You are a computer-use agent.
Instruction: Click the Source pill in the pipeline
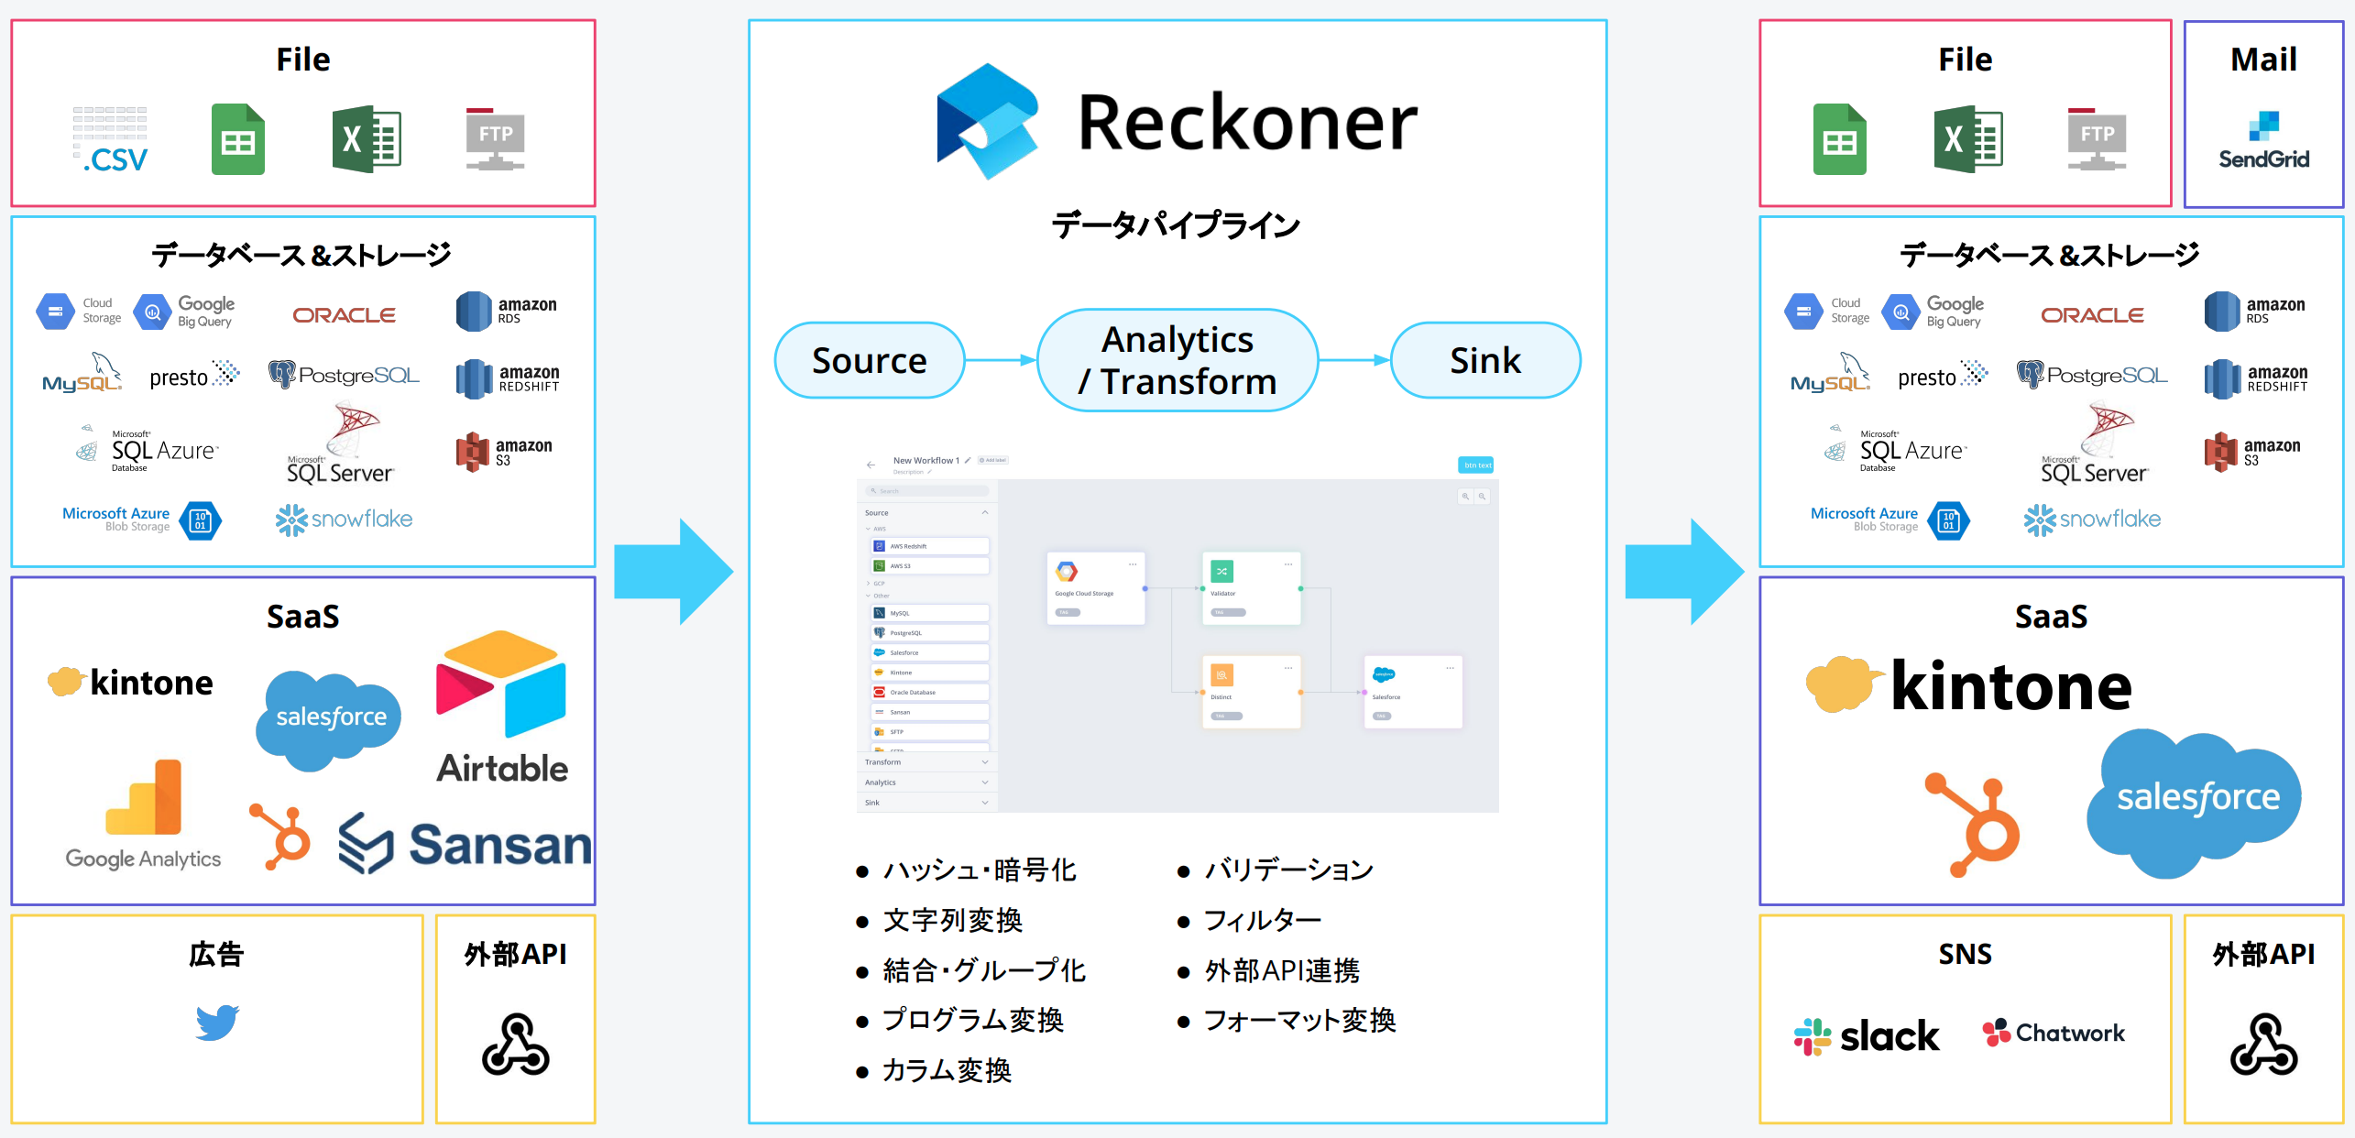pyautogui.click(x=869, y=360)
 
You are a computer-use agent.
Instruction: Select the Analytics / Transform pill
pyautogui.click(x=1177, y=360)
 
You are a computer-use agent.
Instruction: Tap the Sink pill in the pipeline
pyautogui.click(x=1484, y=360)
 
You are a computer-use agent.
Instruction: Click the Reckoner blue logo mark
pyautogui.click(x=988, y=121)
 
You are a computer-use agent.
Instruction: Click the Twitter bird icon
pyautogui.click(x=217, y=1022)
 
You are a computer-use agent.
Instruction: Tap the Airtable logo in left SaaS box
pyautogui.click(x=502, y=706)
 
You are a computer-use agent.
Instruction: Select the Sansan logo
pyautogui.click(x=466, y=844)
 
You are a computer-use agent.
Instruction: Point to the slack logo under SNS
pyautogui.click(x=1866, y=1036)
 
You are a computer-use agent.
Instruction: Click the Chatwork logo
pyautogui.click(x=2053, y=1033)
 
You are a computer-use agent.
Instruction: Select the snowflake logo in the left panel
pyautogui.click(x=344, y=520)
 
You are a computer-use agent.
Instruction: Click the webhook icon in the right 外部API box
pyautogui.click(x=2263, y=1045)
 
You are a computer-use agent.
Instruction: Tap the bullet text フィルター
pyautogui.click(x=1262, y=920)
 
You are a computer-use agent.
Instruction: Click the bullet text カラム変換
pyautogui.click(x=946, y=1070)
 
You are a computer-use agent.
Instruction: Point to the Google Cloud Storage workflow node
pyautogui.click(x=1095, y=587)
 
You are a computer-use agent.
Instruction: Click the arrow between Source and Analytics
pyautogui.click(x=1000, y=360)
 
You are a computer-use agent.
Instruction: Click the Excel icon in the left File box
pyautogui.click(x=367, y=139)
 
